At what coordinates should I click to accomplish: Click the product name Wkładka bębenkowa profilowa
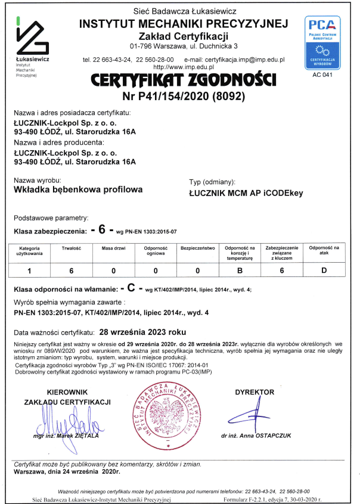(x=78, y=189)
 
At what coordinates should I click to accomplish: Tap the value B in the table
(x=240, y=270)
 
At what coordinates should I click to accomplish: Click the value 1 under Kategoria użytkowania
(x=29, y=270)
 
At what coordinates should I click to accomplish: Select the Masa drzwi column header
(x=113, y=247)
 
